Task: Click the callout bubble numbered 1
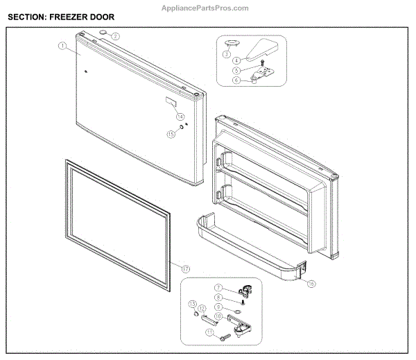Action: tap(62, 46)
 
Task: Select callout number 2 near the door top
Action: tap(116, 36)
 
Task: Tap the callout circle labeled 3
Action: tap(226, 53)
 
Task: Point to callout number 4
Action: tap(236, 62)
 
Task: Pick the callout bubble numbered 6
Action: tap(236, 80)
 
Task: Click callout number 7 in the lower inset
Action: tap(218, 288)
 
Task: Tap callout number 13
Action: tap(193, 305)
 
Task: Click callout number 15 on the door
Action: tap(171, 135)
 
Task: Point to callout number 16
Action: tap(311, 284)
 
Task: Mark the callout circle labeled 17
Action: tap(185, 268)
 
